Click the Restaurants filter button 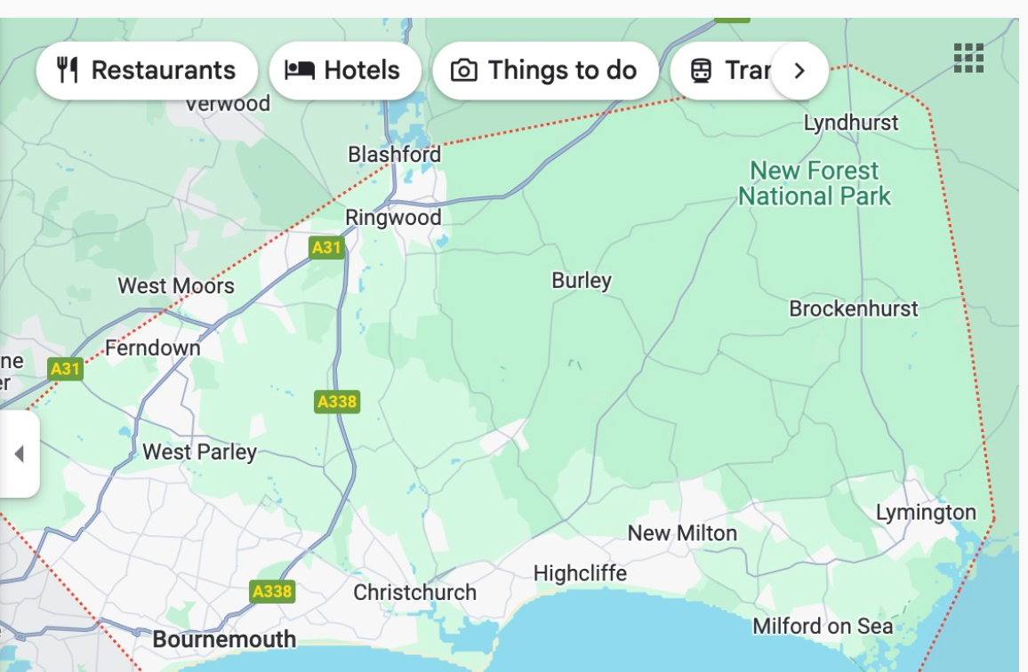(147, 70)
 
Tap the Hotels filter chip (345, 70)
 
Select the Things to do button (545, 70)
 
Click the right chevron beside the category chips (799, 70)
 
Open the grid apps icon (968, 58)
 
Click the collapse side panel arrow (19, 454)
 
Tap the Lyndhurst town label (851, 123)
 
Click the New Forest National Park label (814, 183)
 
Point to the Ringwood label (393, 218)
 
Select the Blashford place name (394, 155)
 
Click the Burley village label (582, 281)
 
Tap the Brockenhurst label (854, 309)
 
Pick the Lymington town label (926, 513)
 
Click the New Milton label (682, 533)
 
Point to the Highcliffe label (580, 574)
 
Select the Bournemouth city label (224, 639)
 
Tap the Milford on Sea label (823, 627)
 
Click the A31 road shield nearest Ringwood (326, 247)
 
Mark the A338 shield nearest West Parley (337, 402)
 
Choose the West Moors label (176, 286)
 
